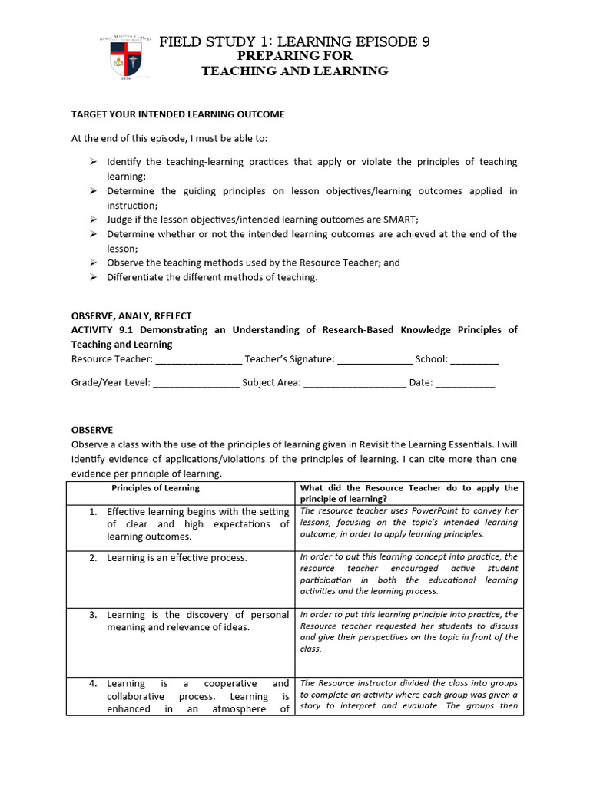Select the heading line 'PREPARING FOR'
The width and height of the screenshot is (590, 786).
[294, 56]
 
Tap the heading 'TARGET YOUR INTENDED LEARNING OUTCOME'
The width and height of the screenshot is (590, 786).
[177, 114]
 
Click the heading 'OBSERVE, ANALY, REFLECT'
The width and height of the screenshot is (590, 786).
[131, 315]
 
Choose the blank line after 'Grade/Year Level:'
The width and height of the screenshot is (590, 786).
[196, 383]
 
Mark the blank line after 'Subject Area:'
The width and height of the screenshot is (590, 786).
[354, 383]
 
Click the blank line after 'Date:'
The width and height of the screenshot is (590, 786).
[465, 383]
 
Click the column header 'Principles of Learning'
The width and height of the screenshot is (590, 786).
[155, 488]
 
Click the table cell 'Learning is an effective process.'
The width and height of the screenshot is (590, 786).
[177, 558]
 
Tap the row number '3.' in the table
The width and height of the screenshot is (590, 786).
[92, 615]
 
